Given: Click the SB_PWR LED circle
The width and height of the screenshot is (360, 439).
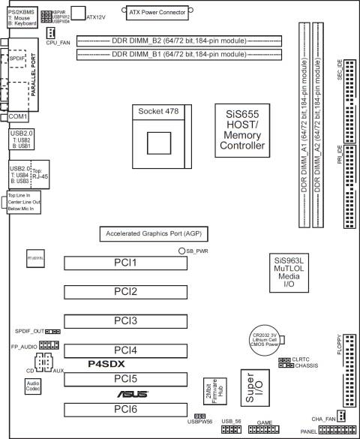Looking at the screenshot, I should pyautogui.click(x=181, y=250).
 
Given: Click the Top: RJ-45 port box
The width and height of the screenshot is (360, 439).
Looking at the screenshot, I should pyautogui.click(x=40, y=176).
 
